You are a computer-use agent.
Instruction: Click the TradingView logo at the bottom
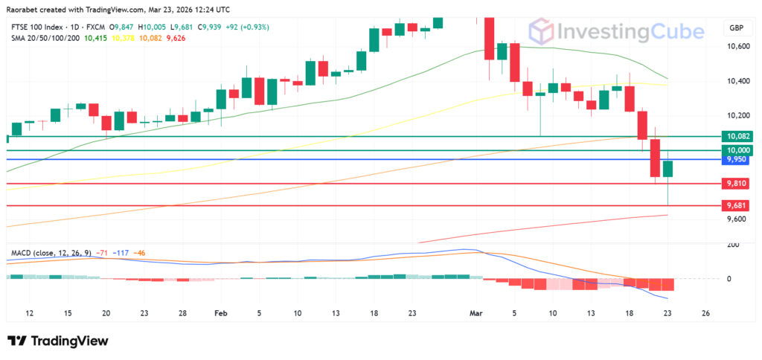58,341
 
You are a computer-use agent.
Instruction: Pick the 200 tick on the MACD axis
733,244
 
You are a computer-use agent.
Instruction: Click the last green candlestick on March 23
668,168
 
